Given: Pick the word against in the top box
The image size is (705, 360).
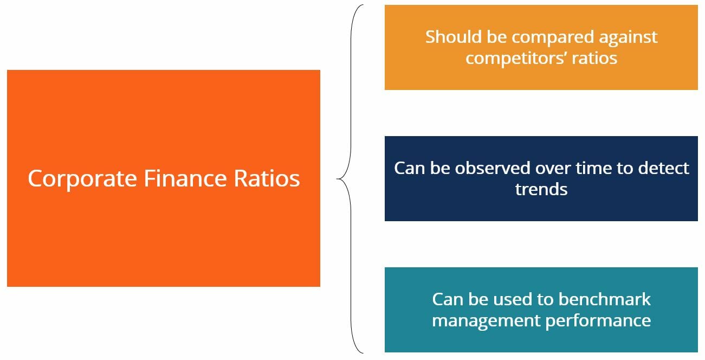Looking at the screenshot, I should tap(628, 38).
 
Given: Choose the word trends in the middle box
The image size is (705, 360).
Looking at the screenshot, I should tap(541, 189).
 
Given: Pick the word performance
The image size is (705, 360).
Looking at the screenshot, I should tap(598, 321).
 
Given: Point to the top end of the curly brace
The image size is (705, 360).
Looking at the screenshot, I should tap(361, 6).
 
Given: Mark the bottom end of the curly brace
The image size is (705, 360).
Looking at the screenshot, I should tap(361, 352).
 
